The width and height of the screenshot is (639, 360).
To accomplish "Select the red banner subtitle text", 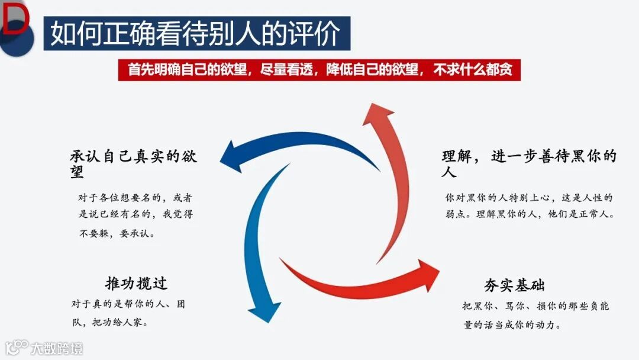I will tap(320, 70).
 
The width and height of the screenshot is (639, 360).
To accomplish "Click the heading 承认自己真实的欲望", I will tap(134, 164).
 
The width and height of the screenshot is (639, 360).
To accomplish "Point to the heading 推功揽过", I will tap(136, 282).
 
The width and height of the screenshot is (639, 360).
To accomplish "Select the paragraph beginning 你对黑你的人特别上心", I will tap(529, 205).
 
